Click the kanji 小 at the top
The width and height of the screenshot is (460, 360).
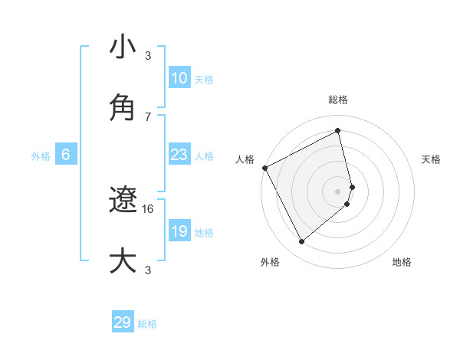[123, 47]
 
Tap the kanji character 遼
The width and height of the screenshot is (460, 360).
[123, 201]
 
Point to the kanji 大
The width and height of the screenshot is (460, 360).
[123, 260]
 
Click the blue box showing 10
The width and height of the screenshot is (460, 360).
[179, 78]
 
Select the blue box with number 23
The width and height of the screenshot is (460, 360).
[179, 155]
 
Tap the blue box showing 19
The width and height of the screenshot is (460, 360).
[179, 231]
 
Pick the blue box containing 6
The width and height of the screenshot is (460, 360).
[66, 155]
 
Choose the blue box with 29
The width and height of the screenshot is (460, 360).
[123, 322]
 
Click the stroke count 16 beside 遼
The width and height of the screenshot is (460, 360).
[149, 208]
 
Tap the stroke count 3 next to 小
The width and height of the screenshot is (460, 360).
[148, 55]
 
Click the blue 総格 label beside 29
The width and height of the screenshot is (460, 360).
[147, 324]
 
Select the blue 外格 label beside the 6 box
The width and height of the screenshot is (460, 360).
[41, 156]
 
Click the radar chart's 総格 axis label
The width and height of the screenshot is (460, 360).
[338, 100]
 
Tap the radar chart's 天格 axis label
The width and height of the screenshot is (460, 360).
[432, 159]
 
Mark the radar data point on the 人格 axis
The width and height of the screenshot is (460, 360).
[264, 168]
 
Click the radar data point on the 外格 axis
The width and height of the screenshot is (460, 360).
[302, 242]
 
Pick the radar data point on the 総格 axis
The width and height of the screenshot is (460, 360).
[338, 131]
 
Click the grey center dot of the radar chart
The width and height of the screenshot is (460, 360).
[338, 191]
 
